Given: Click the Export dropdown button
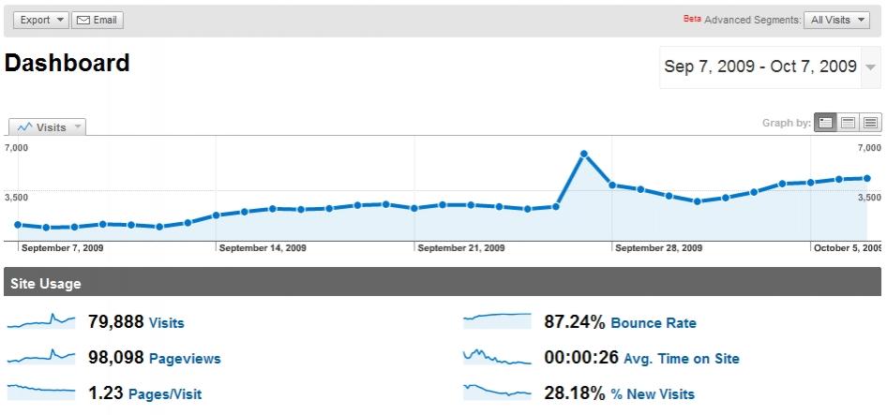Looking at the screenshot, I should [x=40, y=20].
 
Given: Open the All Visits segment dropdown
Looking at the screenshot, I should [x=839, y=20].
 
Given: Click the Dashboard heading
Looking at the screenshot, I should [x=68, y=64].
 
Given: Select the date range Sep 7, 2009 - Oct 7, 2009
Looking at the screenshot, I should [x=760, y=67].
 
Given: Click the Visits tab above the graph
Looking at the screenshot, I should [x=47, y=127].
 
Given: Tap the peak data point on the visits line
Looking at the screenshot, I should [x=583, y=154].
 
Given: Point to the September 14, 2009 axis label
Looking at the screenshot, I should [x=263, y=248].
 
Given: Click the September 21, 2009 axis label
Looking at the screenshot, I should [x=461, y=248].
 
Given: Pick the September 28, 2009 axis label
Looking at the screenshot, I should [x=659, y=248].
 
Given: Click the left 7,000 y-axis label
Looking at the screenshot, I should [x=17, y=148].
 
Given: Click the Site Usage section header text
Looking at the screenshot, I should [x=46, y=284].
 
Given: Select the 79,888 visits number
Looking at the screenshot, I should [x=115, y=322].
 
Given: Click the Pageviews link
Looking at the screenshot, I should [x=185, y=359].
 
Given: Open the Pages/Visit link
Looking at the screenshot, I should [x=164, y=394].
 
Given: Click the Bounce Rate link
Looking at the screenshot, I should [x=654, y=323].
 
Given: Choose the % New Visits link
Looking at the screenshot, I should [x=653, y=394].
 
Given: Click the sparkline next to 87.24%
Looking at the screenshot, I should [x=497, y=321].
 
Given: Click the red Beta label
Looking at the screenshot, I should [x=692, y=18].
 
